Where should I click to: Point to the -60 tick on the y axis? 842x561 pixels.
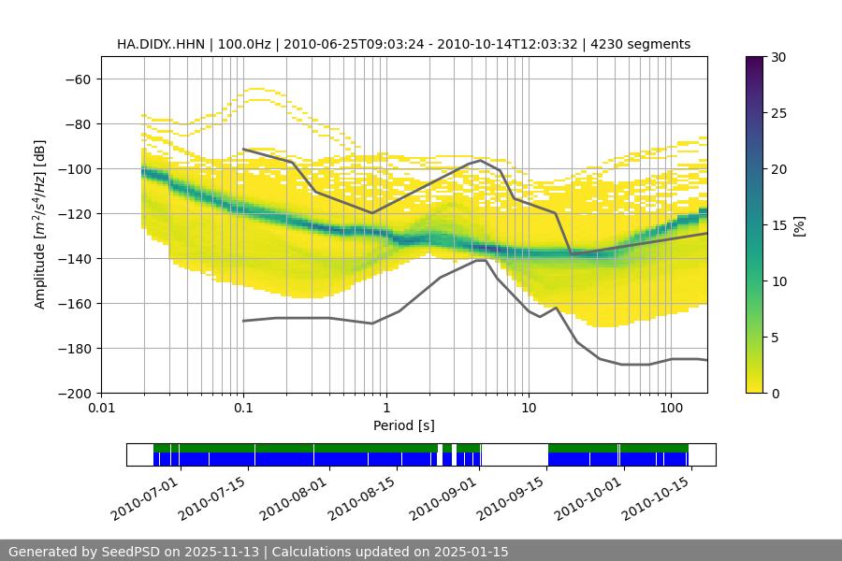click(x=77, y=79)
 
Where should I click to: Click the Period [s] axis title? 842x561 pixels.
click(x=404, y=425)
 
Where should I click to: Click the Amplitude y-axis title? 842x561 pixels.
click(x=40, y=224)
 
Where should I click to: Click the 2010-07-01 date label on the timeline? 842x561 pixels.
click(x=143, y=497)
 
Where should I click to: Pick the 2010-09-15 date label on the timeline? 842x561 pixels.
click(x=510, y=497)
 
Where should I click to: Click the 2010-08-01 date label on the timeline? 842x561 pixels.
click(x=294, y=497)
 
